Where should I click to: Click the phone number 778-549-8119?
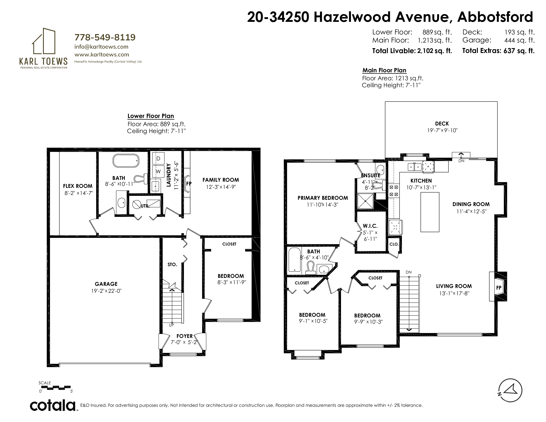[x=105, y=37]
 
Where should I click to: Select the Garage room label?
[x=106, y=284]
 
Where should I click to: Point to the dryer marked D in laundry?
[x=158, y=159]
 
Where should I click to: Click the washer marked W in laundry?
[x=158, y=171]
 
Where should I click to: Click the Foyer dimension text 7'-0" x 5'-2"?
[x=184, y=342]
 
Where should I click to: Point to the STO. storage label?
[x=172, y=264]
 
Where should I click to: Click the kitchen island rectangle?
[x=430, y=212]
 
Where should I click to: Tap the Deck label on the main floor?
[x=442, y=123]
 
